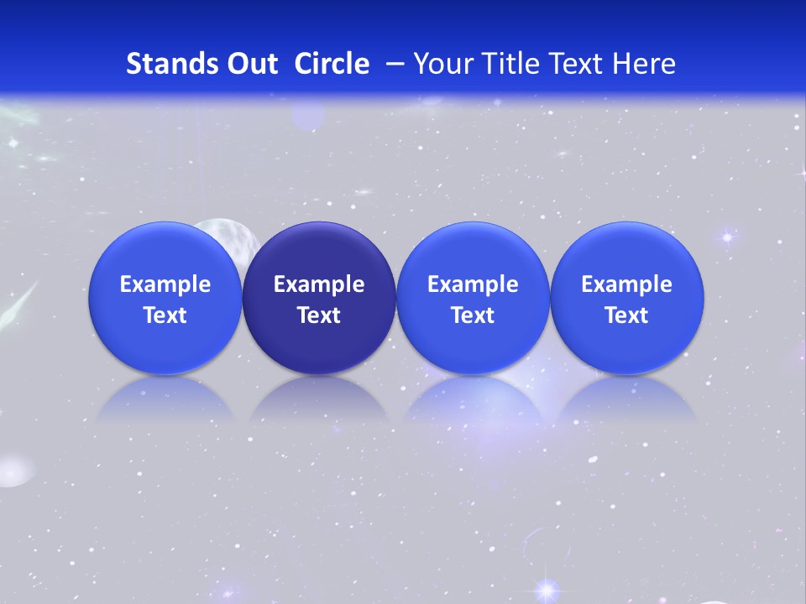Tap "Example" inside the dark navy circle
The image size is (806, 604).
319,284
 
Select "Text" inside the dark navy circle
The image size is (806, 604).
319,315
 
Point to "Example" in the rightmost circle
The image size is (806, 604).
626,284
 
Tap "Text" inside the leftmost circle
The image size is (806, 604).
165,315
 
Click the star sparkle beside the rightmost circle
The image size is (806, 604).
727,237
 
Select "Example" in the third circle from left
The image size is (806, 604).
473,284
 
